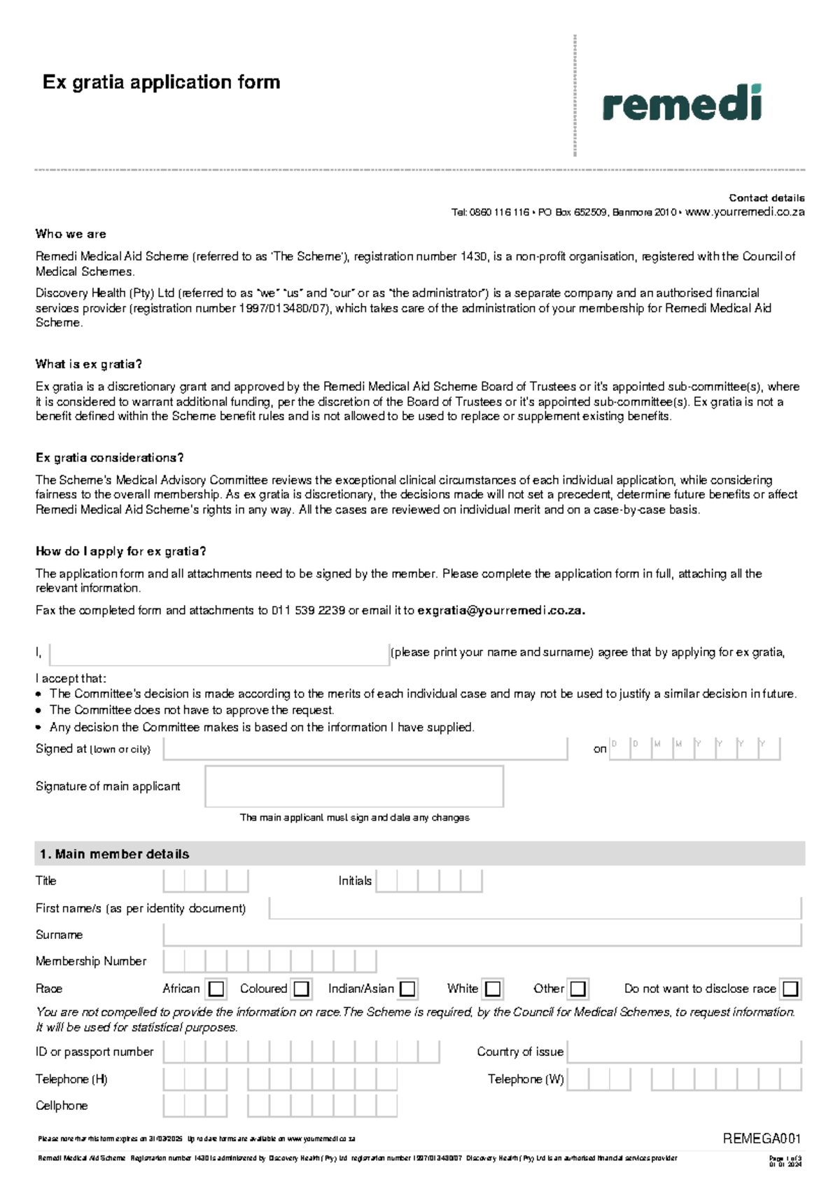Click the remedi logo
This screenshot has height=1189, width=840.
681,104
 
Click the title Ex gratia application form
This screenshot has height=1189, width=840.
161,82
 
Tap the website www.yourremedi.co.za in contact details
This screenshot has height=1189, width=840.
745,212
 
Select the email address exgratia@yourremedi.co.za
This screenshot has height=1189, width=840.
501,610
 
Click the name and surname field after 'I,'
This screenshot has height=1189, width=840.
219,653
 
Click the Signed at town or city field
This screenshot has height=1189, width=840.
365,749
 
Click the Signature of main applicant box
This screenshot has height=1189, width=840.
354,786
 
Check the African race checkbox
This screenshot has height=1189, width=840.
216,989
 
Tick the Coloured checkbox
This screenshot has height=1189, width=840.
302,989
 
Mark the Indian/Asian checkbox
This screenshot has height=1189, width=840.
407,989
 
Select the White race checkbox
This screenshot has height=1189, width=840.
493,989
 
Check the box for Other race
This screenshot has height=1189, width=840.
577,989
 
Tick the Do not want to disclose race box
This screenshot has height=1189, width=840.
790,989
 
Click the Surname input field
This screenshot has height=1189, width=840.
482,935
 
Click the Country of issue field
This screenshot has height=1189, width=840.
684,1052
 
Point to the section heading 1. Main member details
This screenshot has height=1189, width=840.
114,854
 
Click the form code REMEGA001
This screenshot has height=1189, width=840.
762,1139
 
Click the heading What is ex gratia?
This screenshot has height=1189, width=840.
89,364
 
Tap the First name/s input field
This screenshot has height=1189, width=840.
535,908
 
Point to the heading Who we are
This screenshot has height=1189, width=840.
71,234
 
